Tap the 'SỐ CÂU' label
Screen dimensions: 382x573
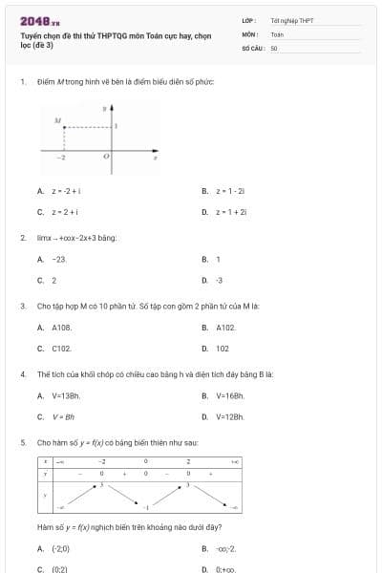point(253,46)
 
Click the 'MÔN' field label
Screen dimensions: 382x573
point(250,33)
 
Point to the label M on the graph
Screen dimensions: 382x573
point(57,122)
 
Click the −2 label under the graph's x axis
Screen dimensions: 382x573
point(59,156)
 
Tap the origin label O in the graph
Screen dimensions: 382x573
point(106,155)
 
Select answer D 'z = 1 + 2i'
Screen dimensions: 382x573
point(231,211)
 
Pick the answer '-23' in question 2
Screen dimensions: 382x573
point(59,259)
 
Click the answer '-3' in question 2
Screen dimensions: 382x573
point(219,280)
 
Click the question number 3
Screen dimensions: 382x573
point(22,307)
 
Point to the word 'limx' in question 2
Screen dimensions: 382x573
point(44,238)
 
